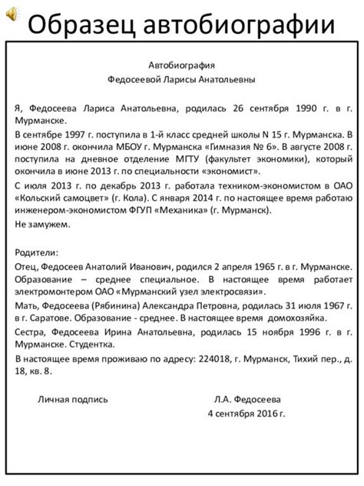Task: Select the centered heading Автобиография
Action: (x=181, y=66)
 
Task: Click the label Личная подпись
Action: (x=74, y=399)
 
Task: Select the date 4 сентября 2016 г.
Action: (x=247, y=413)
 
